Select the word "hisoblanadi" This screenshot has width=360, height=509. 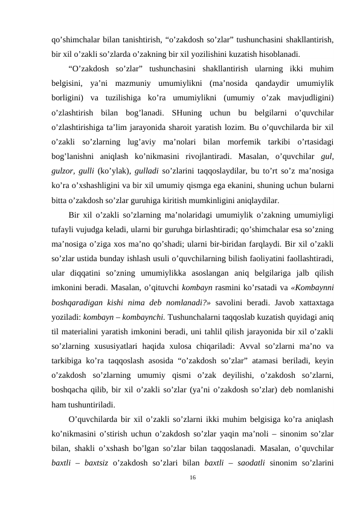280,53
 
